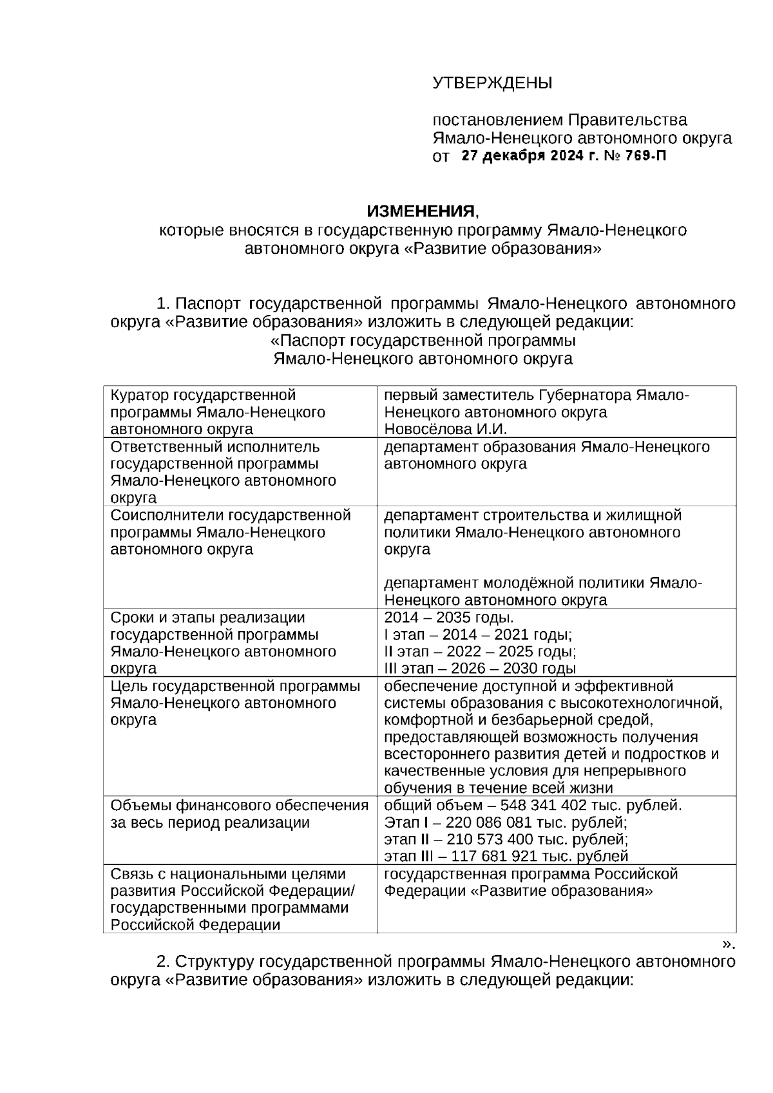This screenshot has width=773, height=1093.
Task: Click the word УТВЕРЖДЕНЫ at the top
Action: pyautogui.click(x=492, y=83)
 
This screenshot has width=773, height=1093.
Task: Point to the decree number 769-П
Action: pyautogui.click(x=644, y=156)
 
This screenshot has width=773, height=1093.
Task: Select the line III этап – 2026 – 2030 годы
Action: pyautogui.click(x=480, y=668)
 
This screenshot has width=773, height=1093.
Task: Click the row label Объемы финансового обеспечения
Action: pyautogui.click(x=239, y=806)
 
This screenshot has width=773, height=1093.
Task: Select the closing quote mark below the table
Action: pyautogui.click(x=728, y=944)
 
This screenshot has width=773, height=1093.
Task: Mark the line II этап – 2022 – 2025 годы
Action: pyautogui.click(x=480, y=651)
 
